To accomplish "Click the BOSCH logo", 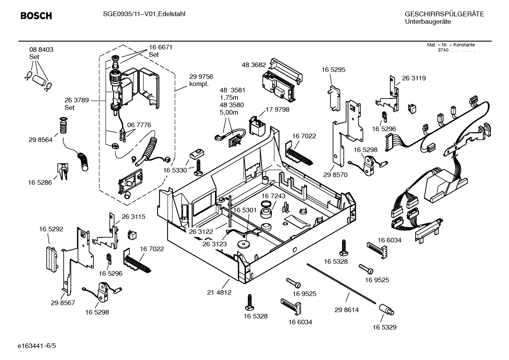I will (x=36, y=16).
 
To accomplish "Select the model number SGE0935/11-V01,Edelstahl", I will (x=144, y=14).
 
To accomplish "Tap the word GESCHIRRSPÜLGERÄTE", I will (x=444, y=14).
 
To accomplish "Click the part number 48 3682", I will (x=253, y=65).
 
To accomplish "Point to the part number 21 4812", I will (x=219, y=293).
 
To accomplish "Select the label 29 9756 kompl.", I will (x=201, y=80).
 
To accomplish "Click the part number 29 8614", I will (x=346, y=310).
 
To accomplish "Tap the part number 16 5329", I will (x=384, y=327).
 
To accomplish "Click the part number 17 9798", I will (x=277, y=110).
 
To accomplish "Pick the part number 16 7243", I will (x=274, y=196).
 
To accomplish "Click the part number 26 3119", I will (x=414, y=78).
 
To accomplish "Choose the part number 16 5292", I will (x=51, y=229).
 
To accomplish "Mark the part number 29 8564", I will (x=41, y=140).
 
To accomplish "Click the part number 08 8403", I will (x=41, y=49).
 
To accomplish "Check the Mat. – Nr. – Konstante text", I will (x=451, y=45).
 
